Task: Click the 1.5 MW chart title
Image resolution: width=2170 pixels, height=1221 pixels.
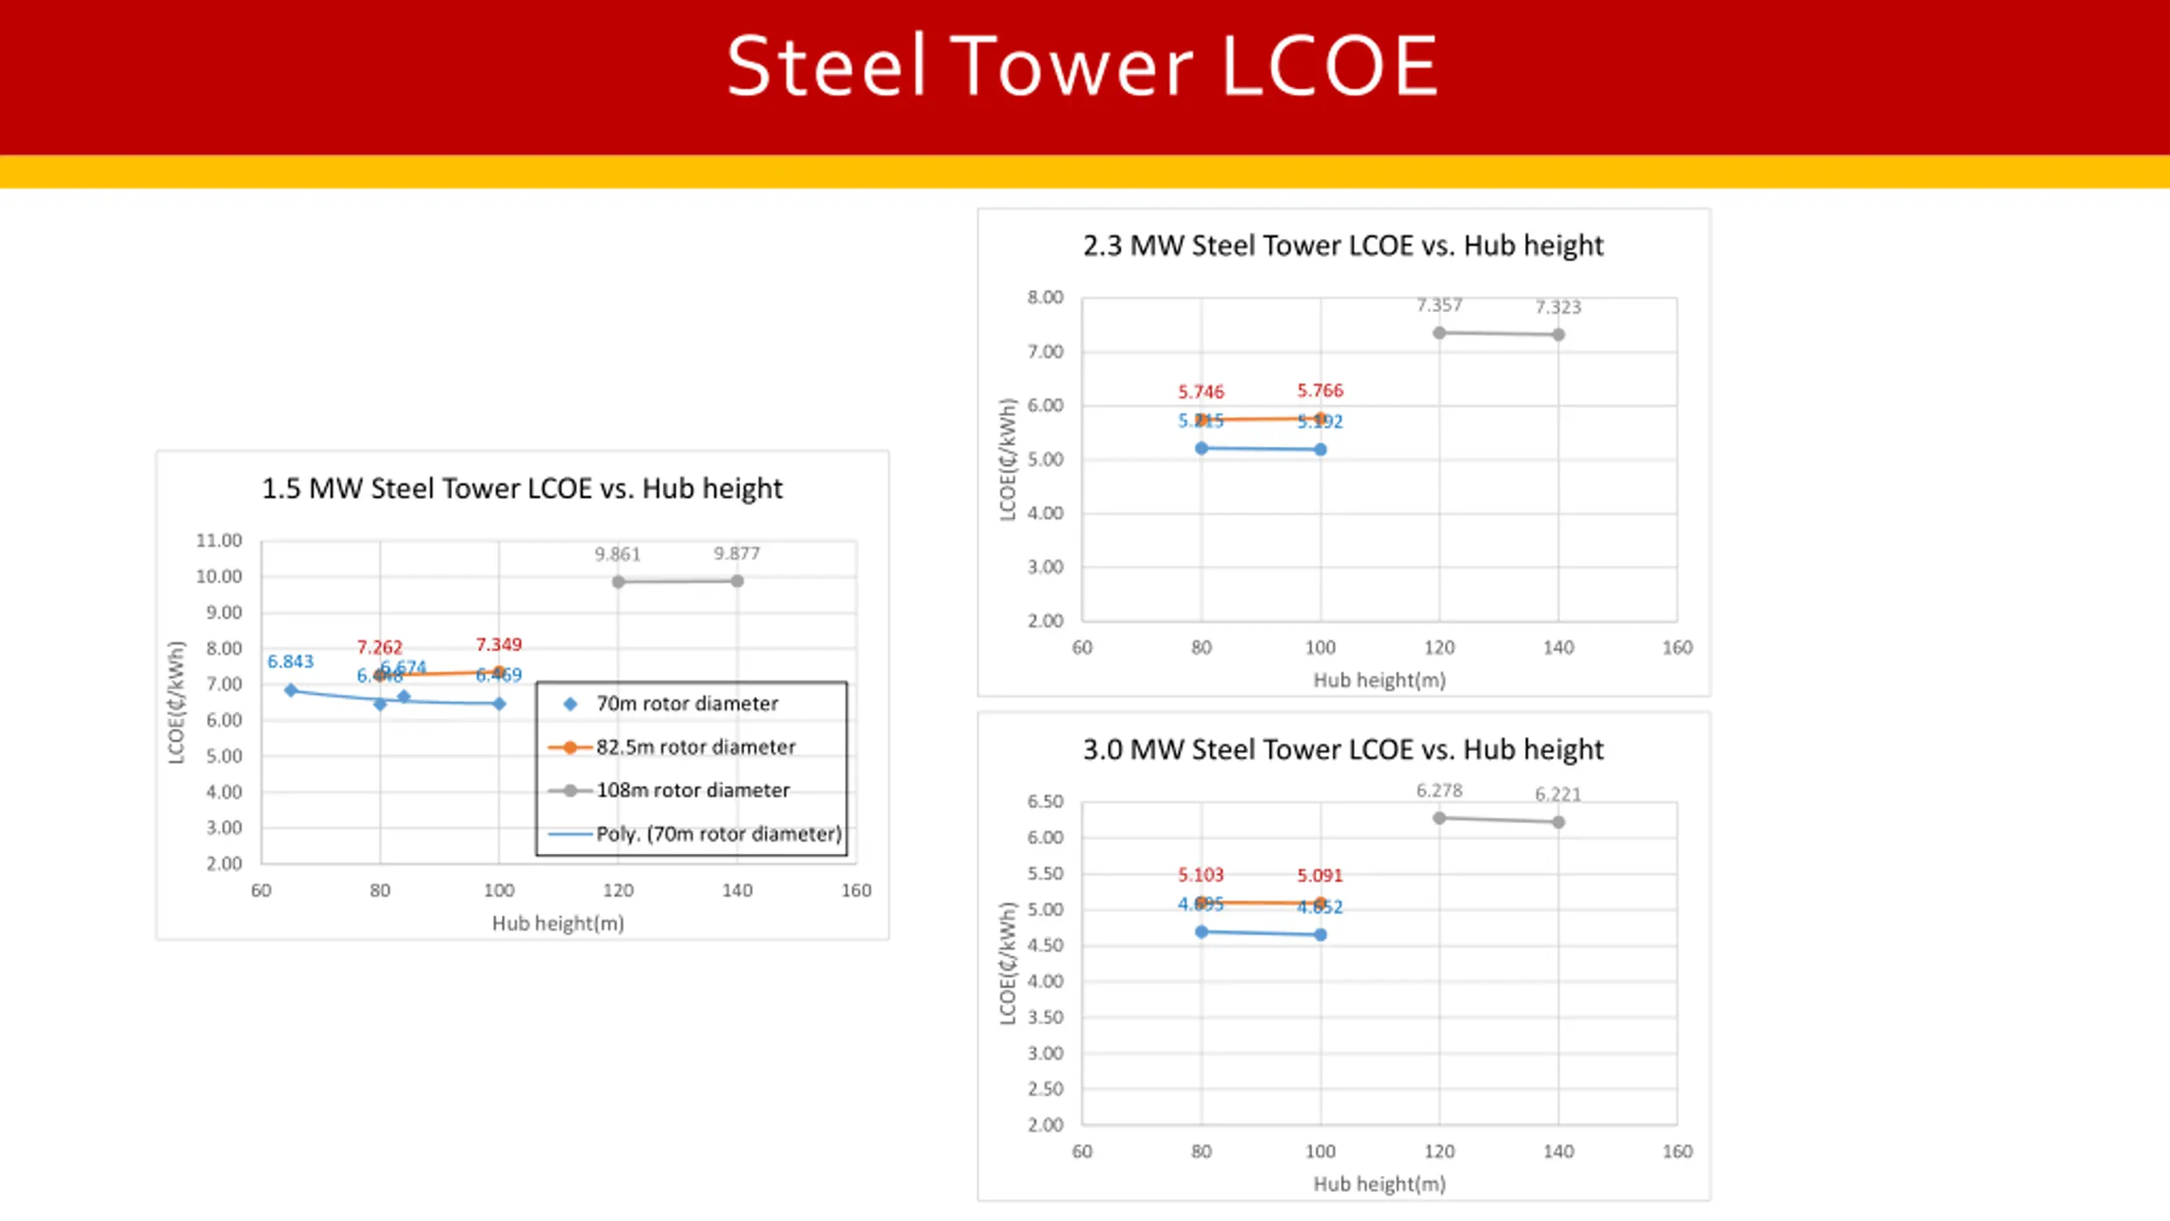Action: click(x=522, y=488)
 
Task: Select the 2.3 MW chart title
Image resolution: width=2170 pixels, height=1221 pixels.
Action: click(x=1343, y=246)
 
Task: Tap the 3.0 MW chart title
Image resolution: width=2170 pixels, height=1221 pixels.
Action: click(x=1343, y=750)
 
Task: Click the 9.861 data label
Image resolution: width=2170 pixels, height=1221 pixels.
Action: click(x=617, y=555)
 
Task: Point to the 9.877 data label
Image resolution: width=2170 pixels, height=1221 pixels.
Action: click(x=737, y=554)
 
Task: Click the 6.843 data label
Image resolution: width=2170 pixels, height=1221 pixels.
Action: click(x=290, y=661)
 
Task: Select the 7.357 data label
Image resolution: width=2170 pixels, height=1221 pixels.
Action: click(x=1439, y=305)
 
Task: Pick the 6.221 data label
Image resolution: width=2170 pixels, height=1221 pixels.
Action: click(x=1558, y=794)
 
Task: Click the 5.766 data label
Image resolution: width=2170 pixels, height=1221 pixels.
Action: click(x=1320, y=391)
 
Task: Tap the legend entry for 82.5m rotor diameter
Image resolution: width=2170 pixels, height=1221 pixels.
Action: click(x=695, y=747)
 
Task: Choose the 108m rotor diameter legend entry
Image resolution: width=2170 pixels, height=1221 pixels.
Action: click(x=693, y=790)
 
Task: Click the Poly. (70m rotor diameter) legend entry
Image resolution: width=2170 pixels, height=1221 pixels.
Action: click(x=719, y=834)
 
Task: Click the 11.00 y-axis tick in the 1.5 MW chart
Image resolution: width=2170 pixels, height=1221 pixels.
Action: click(x=219, y=541)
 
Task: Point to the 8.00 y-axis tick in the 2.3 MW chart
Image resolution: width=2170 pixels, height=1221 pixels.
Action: click(x=1045, y=298)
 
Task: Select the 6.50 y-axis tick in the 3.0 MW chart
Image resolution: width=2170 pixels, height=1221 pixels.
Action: click(x=1045, y=802)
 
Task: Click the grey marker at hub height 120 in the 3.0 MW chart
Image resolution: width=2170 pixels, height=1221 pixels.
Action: click(x=1439, y=818)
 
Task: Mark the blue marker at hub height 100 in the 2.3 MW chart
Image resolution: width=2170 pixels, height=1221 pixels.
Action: click(x=1321, y=449)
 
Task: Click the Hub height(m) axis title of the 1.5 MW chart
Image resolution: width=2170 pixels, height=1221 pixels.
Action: click(x=558, y=923)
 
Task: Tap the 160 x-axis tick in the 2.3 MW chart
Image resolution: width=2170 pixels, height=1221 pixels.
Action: click(x=1677, y=648)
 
